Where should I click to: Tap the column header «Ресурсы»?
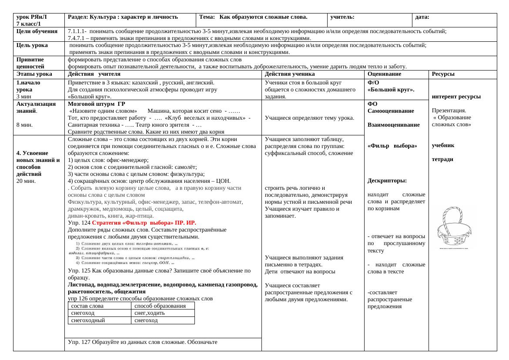443,74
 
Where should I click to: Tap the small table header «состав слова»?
87,306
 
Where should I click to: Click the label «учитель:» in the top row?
342,17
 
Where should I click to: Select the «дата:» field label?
422,17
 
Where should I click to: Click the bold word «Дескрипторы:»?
387,180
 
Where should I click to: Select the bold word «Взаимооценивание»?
393,125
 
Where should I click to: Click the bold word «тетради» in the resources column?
442,159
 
